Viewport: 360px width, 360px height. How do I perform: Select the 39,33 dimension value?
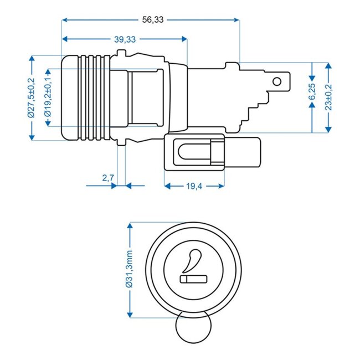125,39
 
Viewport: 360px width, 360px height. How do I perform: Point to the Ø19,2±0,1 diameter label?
48,97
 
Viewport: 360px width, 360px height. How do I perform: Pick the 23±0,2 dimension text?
330,97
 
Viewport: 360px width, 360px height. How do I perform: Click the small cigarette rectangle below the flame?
192,279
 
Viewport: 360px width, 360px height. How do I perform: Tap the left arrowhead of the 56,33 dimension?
65,19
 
